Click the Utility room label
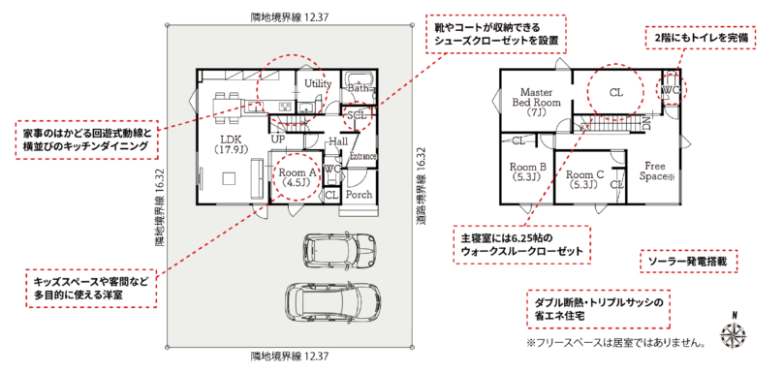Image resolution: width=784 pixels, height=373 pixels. click(318, 83)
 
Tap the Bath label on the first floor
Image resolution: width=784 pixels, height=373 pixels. click(358, 88)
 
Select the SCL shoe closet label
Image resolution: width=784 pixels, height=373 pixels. click(357, 114)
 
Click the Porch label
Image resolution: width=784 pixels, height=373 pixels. click(359, 194)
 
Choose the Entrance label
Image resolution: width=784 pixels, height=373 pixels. click(363, 156)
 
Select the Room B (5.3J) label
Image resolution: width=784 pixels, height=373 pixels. click(527, 171)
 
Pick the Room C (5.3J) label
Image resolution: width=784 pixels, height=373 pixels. click(584, 179)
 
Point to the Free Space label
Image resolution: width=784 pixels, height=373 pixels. click(656, 171)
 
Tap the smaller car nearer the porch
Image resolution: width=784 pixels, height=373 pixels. click(338, 248)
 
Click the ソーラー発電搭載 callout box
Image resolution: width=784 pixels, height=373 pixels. click(689, 262)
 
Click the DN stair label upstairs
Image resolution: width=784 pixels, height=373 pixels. click(646, 122)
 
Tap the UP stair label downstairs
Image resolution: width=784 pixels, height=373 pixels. click(278, 139)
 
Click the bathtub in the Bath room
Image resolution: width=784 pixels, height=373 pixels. click(358, 79)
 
